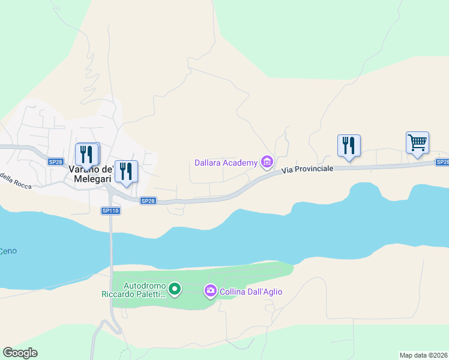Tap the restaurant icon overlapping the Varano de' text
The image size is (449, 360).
point(88,154)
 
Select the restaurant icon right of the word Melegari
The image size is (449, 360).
point(126,172)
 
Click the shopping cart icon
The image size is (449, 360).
point(417,143)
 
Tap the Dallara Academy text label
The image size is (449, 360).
point(226,163)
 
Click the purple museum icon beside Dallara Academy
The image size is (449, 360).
point(267,161)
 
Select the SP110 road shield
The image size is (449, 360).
point(110,211)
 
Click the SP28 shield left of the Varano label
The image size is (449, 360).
point(55,162)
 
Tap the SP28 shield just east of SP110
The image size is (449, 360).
point(148,201)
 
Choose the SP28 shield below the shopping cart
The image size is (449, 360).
point(442,162)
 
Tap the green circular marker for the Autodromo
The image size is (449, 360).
point(175,290)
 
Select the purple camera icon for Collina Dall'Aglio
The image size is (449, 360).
point(210,291)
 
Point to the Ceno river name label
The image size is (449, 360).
point(8,251)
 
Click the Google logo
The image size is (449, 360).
point(20,353)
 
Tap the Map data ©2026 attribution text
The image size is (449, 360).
point(423,355)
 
